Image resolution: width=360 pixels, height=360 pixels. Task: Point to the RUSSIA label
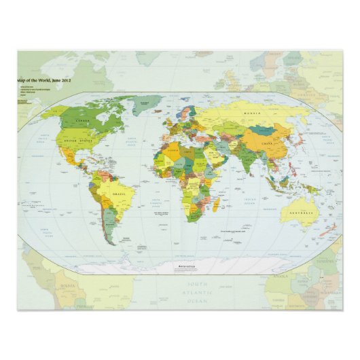pyautogui.click(x=253, y=115)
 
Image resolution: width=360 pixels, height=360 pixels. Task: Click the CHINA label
pyautogui.click(x=265, y=145)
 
